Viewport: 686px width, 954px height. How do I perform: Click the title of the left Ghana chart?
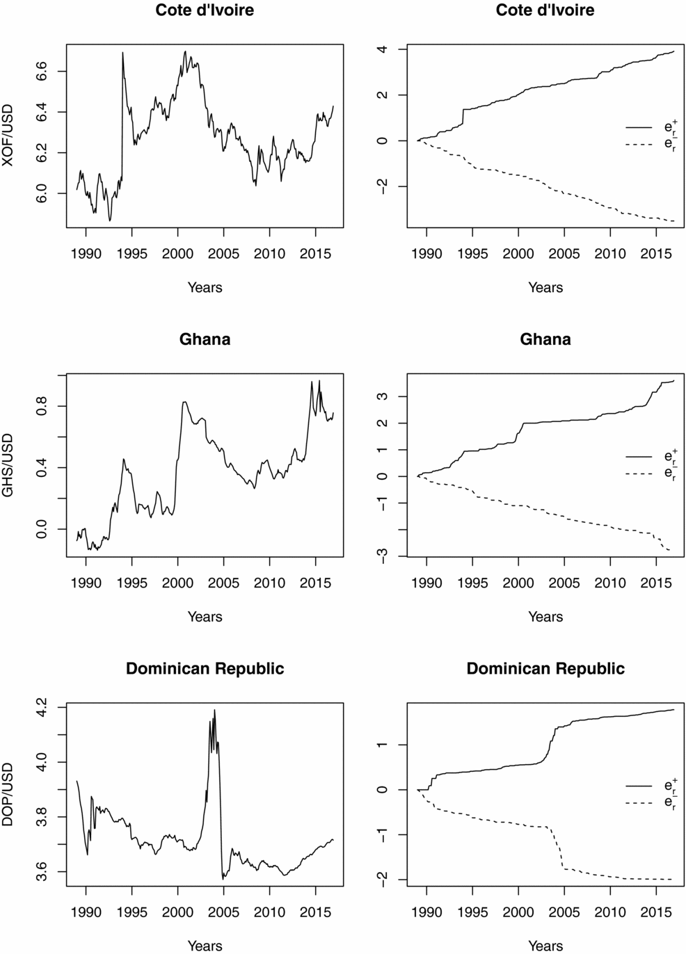coord(205,339)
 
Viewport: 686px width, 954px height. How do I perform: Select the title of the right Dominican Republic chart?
coord(545,668)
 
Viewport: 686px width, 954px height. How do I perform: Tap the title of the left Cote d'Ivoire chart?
coord(205,10)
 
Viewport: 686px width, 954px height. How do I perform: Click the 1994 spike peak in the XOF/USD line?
coord(122,52)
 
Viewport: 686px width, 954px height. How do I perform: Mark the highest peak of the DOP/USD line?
coord(214,710)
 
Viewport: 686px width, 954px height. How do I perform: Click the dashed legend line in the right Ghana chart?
coord(639,474)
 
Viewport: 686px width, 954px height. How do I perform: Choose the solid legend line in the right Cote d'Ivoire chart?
coord(639,127)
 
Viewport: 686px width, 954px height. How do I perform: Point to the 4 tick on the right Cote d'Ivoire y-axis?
coord(382,49)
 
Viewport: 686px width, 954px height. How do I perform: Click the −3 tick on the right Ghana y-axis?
coord(382,556)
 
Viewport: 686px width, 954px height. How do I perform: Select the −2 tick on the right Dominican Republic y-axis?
coord(382,880)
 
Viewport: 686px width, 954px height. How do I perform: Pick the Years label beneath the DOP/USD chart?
coord(205,946)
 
